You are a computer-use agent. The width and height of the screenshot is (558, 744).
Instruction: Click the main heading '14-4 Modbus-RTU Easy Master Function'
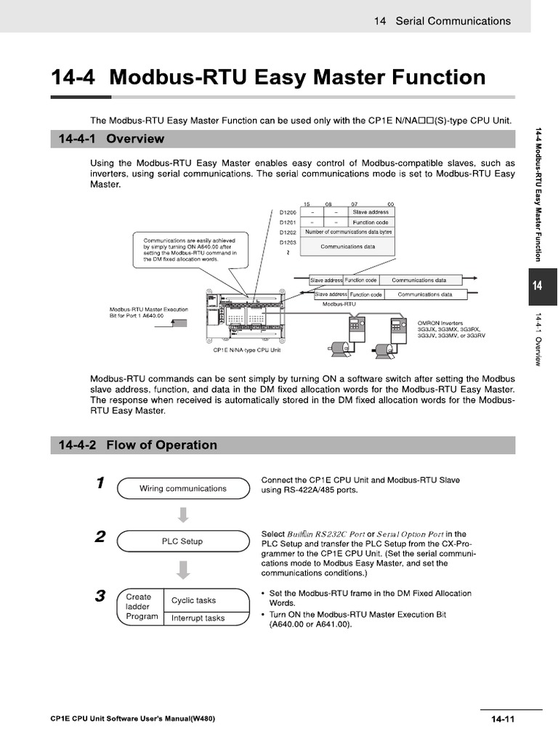point(267,77)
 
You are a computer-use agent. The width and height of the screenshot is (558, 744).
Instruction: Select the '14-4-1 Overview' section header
point(108,138)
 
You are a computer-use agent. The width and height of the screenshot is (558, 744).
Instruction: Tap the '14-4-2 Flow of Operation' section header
point(134,445)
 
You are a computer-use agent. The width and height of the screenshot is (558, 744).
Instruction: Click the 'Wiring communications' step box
point(182,489)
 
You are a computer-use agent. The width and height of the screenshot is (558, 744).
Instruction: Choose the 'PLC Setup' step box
point(182,541)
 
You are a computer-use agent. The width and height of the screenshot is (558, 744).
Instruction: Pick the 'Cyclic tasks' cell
point(193,600)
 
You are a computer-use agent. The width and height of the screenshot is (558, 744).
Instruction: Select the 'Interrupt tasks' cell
point(198,618)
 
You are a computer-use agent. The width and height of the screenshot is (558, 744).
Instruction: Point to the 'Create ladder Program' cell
point(141,607)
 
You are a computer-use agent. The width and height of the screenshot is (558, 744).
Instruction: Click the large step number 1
point(100,484)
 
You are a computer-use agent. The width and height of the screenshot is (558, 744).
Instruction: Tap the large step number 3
point(100,597)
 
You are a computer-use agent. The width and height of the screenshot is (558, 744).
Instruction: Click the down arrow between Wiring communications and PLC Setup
point(183,515)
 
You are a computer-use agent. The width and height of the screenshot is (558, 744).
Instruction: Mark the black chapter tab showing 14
point(538,286)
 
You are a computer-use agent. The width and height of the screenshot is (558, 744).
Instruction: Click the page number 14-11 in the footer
point(502,719)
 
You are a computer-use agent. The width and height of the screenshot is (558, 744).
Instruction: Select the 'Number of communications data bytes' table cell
point(348,232)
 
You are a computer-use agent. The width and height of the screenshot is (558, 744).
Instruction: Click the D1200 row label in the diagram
point(288,212)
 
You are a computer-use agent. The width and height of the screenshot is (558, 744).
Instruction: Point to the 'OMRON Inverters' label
point(440,323)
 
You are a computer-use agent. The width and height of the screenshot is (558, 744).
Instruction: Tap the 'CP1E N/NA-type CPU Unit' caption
point(246,349)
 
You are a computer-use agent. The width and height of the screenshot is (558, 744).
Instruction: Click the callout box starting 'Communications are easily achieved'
point(189,248)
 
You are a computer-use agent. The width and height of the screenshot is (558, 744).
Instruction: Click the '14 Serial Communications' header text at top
point(442,21)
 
